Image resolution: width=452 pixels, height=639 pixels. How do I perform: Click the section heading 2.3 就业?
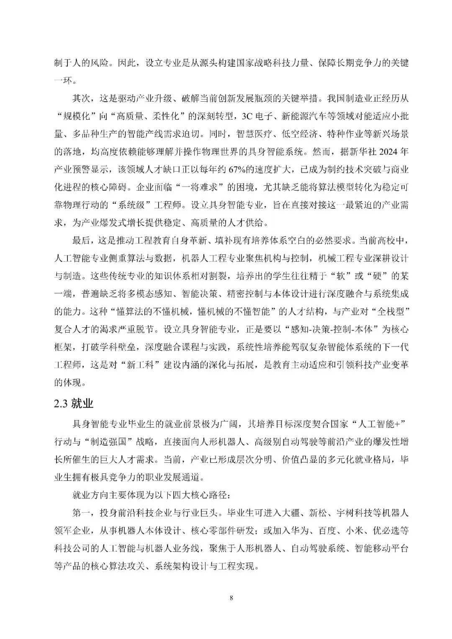(74, 404)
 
